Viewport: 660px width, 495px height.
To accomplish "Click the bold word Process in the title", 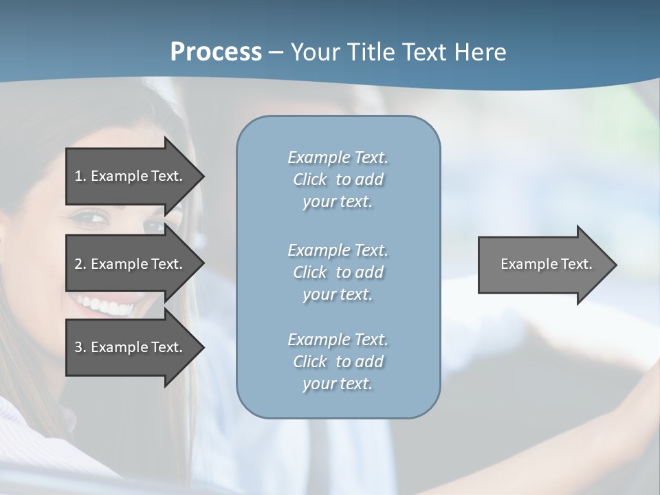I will [x=216, y=52].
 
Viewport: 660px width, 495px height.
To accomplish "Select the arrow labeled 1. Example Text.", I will [x=131, y=176].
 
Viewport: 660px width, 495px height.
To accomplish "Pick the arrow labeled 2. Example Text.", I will [x=131, y=264].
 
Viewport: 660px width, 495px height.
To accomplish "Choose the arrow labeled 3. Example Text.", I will [x=131, y=347].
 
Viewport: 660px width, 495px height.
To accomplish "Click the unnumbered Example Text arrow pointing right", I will [x=543, y=264].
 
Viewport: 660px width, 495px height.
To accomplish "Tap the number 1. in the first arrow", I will [x=80, y=176].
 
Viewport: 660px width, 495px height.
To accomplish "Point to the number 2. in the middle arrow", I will [x=80, y=264].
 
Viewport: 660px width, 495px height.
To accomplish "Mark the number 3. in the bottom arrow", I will [x=80, y=347].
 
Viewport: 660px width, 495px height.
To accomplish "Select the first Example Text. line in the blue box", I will [x=338, y=157].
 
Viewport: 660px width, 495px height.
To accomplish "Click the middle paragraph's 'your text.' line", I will [x=338, y=294].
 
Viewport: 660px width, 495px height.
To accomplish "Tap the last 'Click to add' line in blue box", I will [x=338, y=362].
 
